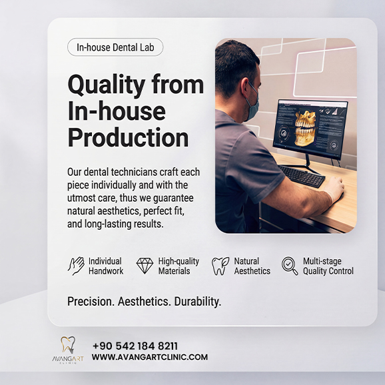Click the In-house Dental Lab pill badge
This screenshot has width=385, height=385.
(115, 48)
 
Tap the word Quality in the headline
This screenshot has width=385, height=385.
(107, 85)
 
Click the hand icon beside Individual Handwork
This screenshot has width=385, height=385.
(76, 266)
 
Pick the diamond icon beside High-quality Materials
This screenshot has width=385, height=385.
(145, 266)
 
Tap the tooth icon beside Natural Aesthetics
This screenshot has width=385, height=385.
(220, 266)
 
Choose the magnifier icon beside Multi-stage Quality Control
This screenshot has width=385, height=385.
(290, 266)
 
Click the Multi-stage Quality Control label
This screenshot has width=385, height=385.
(328, 266)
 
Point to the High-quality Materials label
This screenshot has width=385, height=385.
(178, 266)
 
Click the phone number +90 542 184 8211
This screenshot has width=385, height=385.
(135, 346)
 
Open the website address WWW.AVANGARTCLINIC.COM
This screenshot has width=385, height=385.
(150, 357)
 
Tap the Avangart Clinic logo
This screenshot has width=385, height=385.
(68, 350)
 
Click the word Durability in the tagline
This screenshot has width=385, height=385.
(197, 302)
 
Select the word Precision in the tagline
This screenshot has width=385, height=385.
(91, 302)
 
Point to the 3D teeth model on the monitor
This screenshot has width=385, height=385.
(305, 128)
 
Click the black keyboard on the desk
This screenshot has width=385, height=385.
(302, 176)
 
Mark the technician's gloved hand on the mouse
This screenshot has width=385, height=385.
(332, 191)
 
